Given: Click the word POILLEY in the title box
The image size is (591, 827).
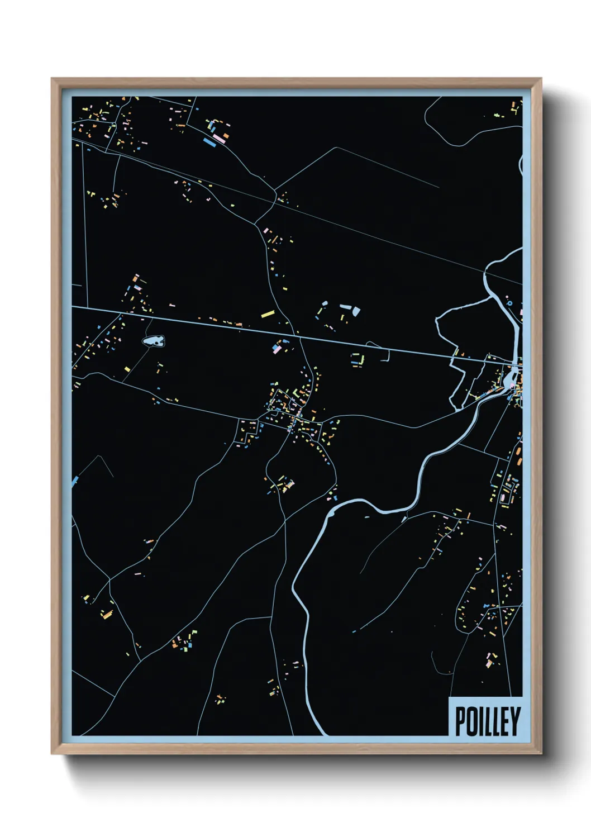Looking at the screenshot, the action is (x=488, y=721).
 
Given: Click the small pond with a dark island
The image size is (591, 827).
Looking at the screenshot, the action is (x=153, y=340).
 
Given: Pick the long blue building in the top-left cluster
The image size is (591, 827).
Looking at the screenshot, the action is (x=210, y=142).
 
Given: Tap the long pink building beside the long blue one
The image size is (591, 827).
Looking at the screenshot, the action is (x=219, y=138).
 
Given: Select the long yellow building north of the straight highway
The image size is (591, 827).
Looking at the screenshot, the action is (x=268, y=314).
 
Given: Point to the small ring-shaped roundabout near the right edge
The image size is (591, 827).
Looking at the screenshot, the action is (x=509, y=303).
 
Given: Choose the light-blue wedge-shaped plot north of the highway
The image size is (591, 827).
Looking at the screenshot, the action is (x=355, y=311).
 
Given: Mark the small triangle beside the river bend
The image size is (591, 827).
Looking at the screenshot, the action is (x=403, y=519).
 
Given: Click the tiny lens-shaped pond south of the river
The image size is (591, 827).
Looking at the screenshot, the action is (x=367, y=517).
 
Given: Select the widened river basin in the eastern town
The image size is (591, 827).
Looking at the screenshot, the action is (x=509, y=381).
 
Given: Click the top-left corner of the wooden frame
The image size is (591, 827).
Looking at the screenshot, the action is (x=53, y=79).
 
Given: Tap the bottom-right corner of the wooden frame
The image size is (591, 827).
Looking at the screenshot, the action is (x=540, y=753).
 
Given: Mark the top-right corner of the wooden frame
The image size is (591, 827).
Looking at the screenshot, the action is (x=540, y=79).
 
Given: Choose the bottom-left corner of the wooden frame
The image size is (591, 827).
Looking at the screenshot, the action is (x=53, y=753).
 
